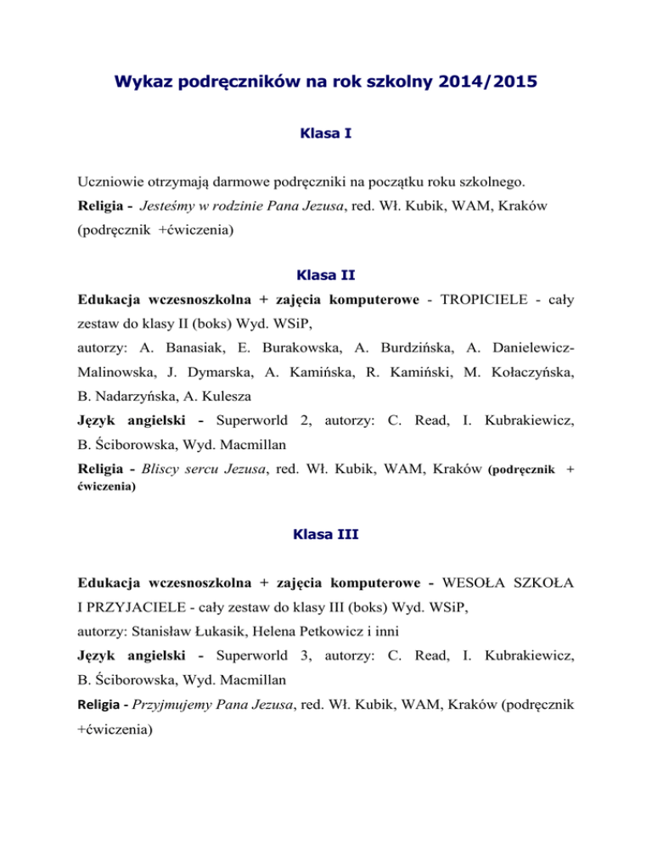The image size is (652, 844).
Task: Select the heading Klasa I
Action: coord(326,134)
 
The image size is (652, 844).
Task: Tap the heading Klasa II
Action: coord(326,275)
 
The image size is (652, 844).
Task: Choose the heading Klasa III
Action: coord(326,536)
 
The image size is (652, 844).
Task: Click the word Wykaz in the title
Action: coord(143,86)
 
